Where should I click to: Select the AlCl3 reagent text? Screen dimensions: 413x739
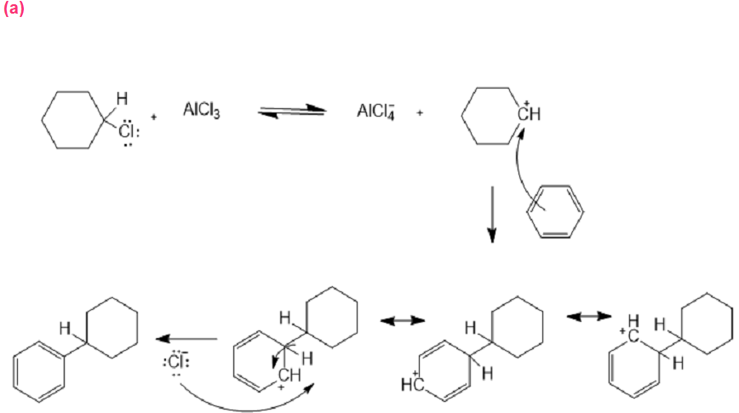click(202, 111)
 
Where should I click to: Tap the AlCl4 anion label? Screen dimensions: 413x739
click(375, 111)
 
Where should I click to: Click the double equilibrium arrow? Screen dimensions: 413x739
click(291, 112)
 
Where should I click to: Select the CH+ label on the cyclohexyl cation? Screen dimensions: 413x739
click(530, 112)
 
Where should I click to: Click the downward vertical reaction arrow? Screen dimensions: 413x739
click(491, 216)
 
